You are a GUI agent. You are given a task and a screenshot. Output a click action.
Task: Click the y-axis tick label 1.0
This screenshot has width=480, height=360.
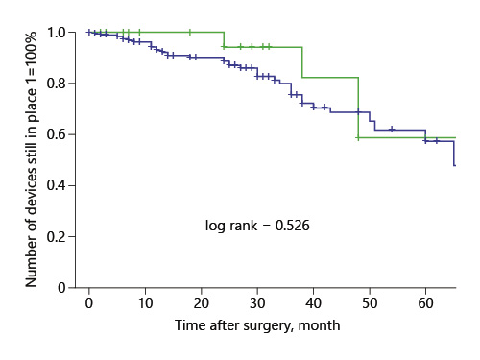tap(58, 33)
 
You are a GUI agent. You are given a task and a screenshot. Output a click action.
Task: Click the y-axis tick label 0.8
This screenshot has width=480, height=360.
tap(58, 84)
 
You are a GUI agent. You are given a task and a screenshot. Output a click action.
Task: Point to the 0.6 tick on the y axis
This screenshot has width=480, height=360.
tap(58, 134)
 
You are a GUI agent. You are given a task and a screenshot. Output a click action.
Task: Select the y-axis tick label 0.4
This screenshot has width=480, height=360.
tap(58, 185)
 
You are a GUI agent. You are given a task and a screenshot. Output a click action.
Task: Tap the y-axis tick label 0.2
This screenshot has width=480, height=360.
tap(58, 236)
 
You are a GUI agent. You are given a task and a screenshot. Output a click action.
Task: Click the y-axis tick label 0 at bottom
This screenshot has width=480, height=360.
tap(63, 287)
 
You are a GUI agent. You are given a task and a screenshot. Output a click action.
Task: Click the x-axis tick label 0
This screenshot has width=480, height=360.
tap(88, 304)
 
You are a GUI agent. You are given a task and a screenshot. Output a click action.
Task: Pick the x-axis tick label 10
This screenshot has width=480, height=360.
tap(144, 304)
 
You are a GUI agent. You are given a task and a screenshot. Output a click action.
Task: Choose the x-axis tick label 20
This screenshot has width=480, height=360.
tap(201, 304)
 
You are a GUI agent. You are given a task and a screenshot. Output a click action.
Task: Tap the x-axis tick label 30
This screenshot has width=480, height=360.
tap(256, 304)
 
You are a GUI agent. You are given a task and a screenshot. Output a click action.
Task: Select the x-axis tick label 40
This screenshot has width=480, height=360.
tap(313, 304)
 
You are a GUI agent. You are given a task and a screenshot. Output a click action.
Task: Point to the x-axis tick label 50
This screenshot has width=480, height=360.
tap(369, 304)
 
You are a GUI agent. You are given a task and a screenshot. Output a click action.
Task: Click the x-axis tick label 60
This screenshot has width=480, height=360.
tap(425, 304)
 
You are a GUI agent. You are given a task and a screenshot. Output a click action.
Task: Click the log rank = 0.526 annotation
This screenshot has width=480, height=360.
tap(256, 227)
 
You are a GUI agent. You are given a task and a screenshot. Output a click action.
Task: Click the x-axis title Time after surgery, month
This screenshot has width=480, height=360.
tap(257, 326)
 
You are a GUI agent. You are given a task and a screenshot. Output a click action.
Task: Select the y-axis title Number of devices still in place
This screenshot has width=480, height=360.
tap(32, 159)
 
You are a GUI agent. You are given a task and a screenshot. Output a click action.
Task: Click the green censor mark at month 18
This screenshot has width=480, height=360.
tap(189, 32)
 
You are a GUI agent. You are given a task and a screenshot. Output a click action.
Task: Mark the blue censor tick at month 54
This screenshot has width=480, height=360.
tap(392, 129)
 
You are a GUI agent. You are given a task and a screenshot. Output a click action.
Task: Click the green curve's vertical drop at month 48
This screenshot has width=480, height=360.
tap(358, 108)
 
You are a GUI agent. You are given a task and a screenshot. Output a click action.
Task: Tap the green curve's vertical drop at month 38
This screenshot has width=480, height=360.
tap(302, 61)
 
